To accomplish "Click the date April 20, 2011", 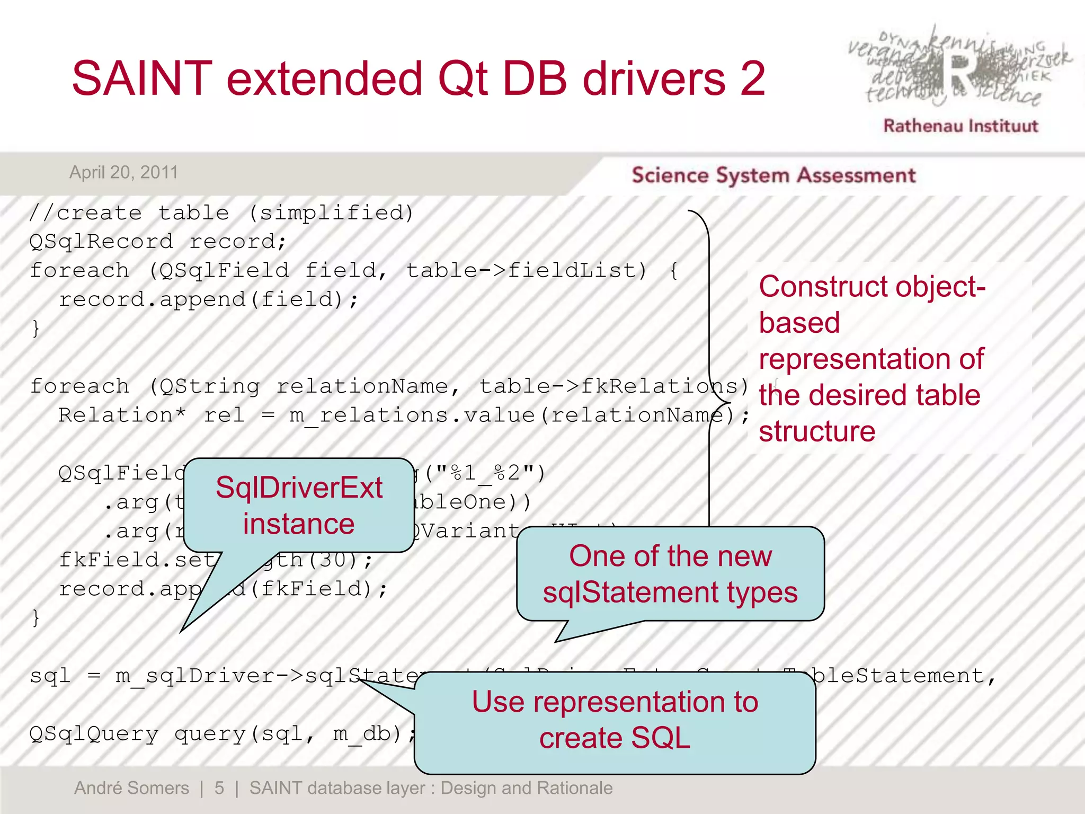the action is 123,172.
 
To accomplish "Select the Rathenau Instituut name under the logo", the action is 960,126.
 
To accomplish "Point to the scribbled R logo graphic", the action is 959,69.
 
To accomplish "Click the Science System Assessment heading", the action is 773,175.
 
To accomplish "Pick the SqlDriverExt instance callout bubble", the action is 299,505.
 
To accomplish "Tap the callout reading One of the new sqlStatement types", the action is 670,574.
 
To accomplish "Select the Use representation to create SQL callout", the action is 615,720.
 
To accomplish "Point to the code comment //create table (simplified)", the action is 221,213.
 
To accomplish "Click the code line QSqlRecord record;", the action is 158,242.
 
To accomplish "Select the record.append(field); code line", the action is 209,299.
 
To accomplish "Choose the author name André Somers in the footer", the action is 131,788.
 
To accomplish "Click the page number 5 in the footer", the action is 219,788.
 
